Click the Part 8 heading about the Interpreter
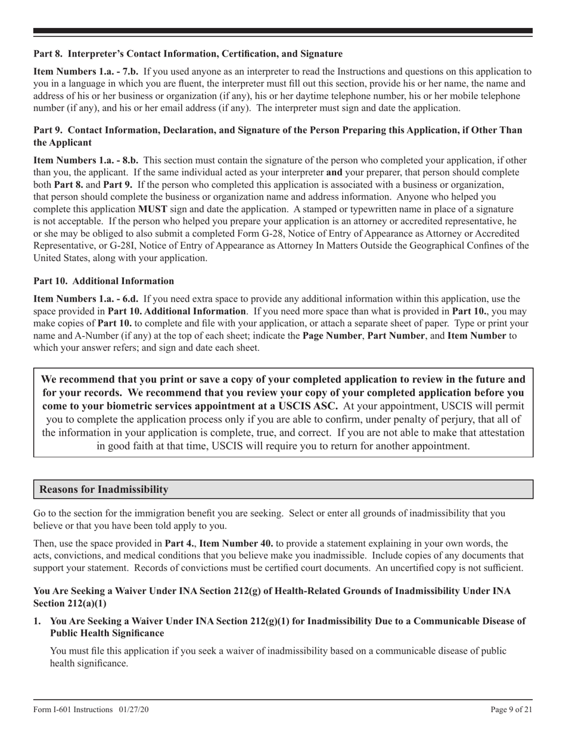pyautogui.click(x=188, y=54)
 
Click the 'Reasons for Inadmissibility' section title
pyautogui.click(x=104, y=489)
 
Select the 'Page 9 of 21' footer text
pyautogui.click(x=511, y=709)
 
